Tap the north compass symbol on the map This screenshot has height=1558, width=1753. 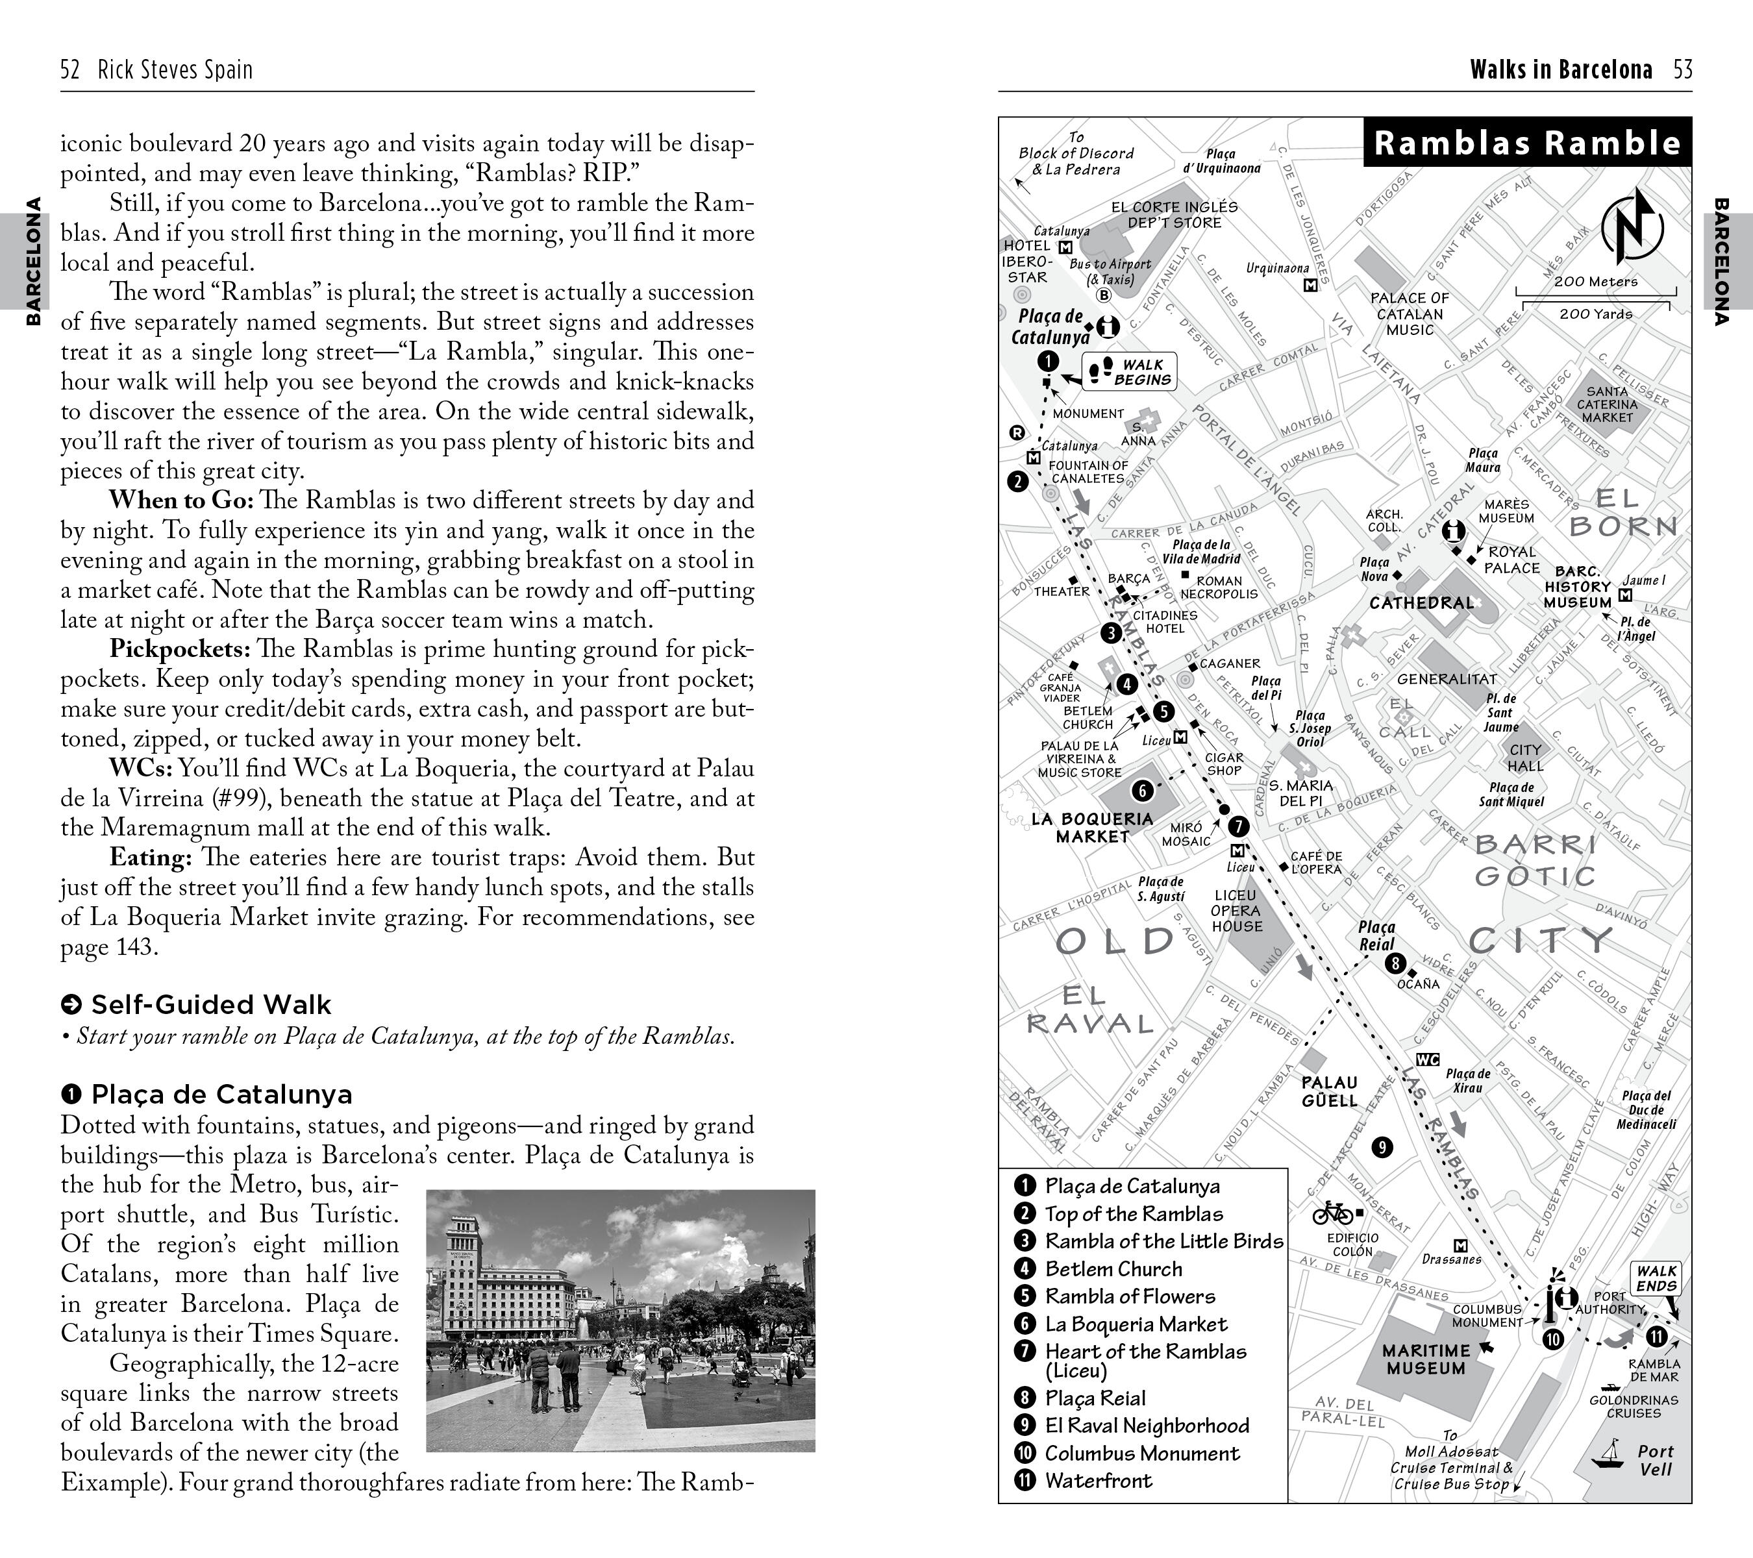point(1632,227)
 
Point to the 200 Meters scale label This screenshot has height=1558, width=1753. point(1595,281)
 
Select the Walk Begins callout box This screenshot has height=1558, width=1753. point(1130,372)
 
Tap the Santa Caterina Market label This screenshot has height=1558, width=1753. point(1607,404)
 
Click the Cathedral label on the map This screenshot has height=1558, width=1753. point(1421,603)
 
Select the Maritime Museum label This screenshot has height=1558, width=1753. point(1425,1359)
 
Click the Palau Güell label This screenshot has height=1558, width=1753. point(1329,1091)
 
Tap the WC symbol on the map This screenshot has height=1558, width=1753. point(1427,1060)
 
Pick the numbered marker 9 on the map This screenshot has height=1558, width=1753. point(1382,1147)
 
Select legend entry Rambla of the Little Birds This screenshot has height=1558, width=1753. point(1163,1242)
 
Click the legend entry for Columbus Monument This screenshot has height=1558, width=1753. point(1141,1453)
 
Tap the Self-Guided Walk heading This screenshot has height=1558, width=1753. point(210,1005)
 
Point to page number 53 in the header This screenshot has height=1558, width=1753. point(1683,69)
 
